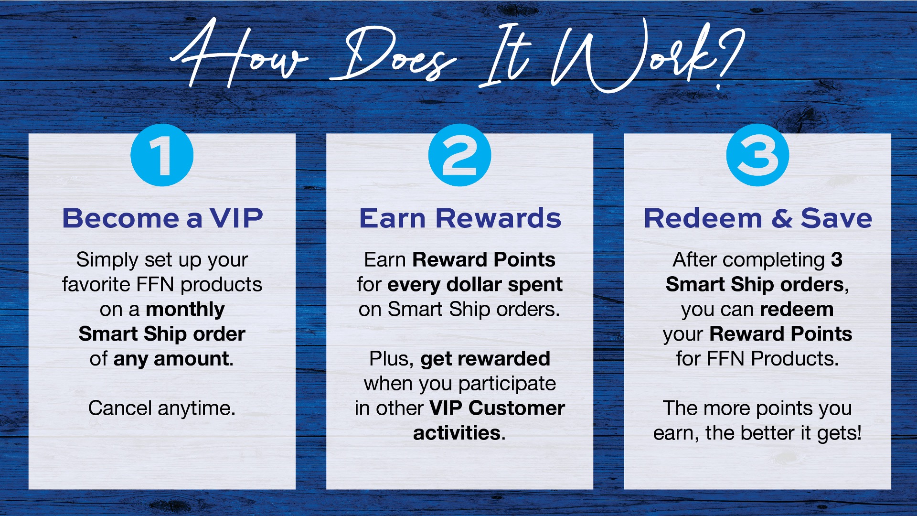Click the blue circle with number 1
(x=162, y=155)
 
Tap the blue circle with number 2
(x=459, y=155)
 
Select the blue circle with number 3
(x=757, y=155)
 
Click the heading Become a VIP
(x=162, y=218)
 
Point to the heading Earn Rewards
(x=460, y=218)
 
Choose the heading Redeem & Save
(x=758, y=218)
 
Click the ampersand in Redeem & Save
(x=781, y=219)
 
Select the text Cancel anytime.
(x=162, y=408)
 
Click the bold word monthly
(x=185, y=310)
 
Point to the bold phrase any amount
(x=171, y=359)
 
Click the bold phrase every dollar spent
(x=475, y=285)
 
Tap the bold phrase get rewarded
(x=485, y=359)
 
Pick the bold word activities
(x=457, y=433)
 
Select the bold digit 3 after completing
(x=837, y=260)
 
